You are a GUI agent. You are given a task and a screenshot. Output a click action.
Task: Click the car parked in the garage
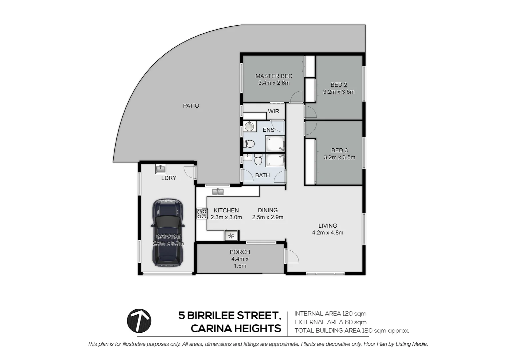pyautogui.click(x=168, y=233)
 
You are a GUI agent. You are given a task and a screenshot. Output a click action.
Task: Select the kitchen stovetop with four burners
pyautogui.click(x=202, y=213)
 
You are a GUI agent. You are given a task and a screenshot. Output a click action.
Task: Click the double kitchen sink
pyautogui.click(x=218, y=192)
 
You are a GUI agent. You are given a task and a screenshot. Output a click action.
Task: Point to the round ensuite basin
pyautogui.click(x=249, y=126)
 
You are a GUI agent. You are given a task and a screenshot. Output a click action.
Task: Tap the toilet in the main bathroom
pyautogui.click(x=258, y=161)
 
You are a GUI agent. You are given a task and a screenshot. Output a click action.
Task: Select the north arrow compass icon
pyautogui.click(x=139, y=321)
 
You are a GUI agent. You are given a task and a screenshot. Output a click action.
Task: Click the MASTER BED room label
pyautogui.click(x=274, y=76)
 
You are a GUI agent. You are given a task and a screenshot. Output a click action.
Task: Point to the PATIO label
pyautogui.click(x=191, y=106)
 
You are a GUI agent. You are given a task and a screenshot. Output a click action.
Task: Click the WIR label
pyautogui.click(x=273, y=111)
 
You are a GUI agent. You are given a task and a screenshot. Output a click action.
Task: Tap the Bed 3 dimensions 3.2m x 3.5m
pyautogui.click(x=339, y=157)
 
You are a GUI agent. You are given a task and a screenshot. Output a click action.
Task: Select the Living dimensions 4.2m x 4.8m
pyautogui.click(x=327, y=233)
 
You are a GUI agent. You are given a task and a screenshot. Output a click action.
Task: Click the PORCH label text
pyautogui.click(x=240, y=252)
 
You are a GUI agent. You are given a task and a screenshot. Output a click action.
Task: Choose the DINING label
pyautogui.click(x=267, y=210)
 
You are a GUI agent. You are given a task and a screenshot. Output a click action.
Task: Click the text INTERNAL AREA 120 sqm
pyautogui.click(x=330, y=313)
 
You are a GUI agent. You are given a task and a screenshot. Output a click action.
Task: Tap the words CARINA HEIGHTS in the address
pyautogui.click(x=236, y=329)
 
